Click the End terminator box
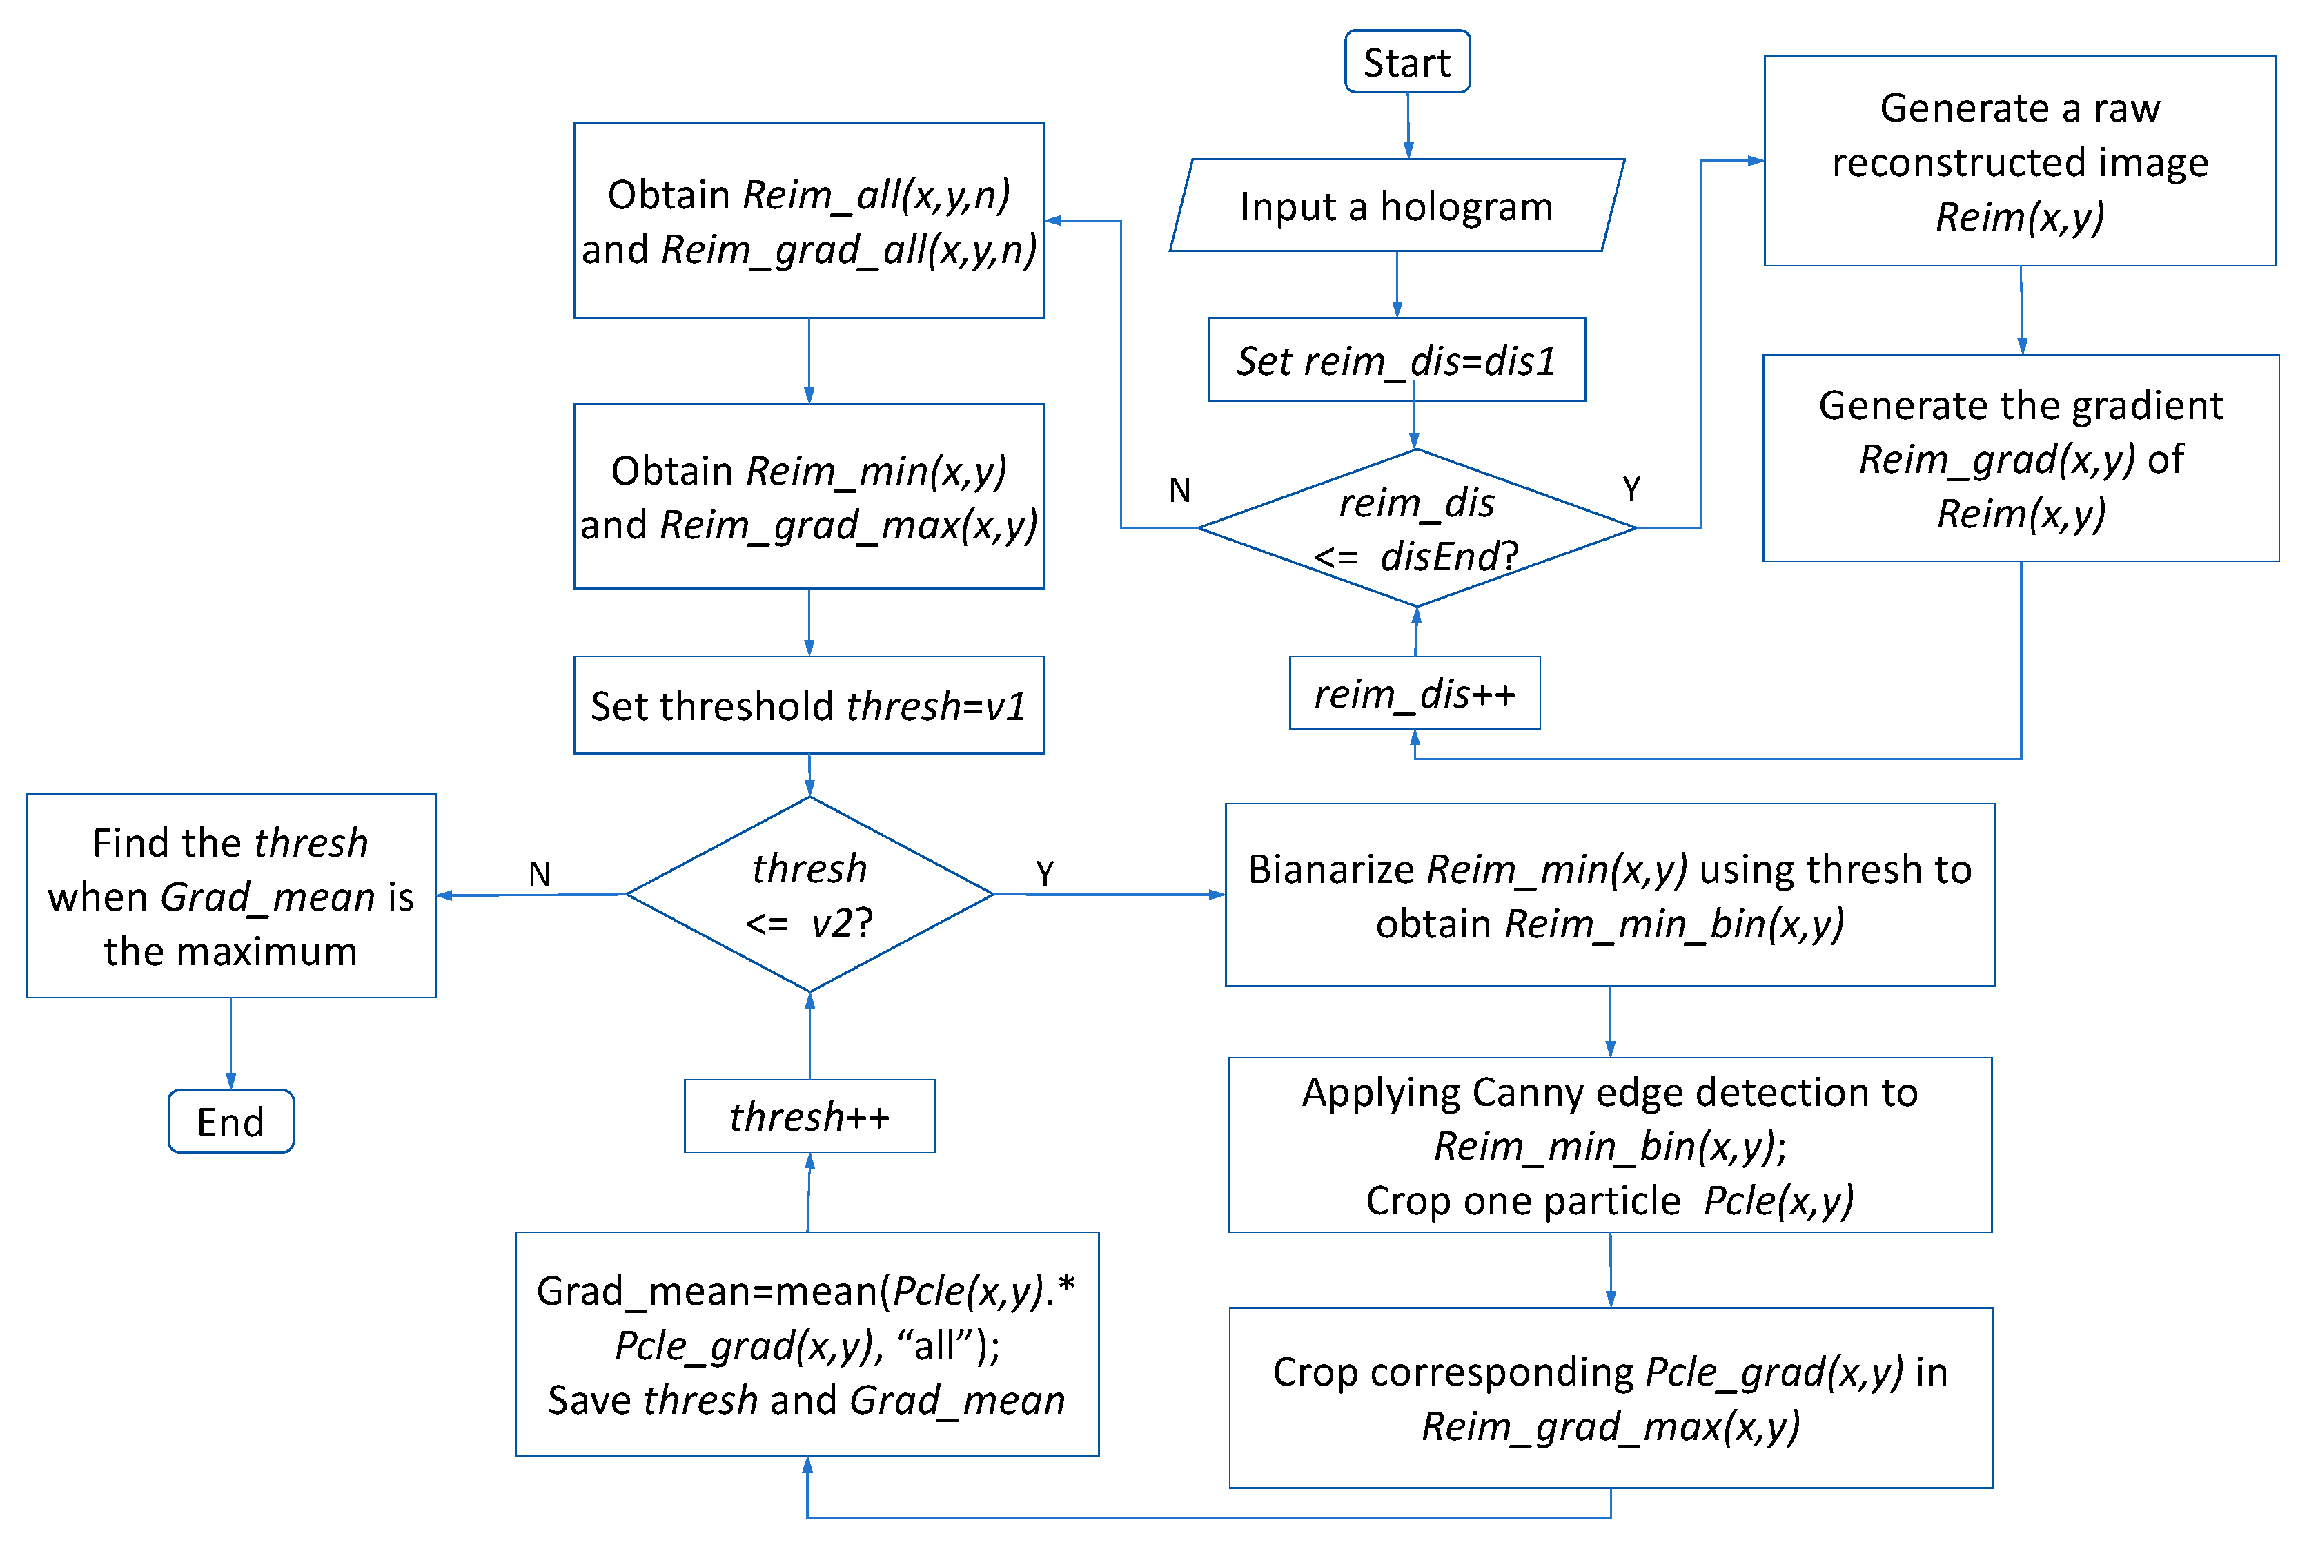point(230,1121)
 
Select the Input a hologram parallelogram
point(1396,206)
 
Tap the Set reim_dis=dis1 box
point(1396,360)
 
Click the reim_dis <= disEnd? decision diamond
point(1417,529)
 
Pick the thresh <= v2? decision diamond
point(809,895)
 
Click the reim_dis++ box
point(1415,694)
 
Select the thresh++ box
point(809,1116)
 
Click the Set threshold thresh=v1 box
point(809,706)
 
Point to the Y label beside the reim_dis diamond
point(1631,489)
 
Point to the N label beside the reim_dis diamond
point(1179,489)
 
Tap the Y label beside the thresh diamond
point(1044,873)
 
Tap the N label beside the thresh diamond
point(539,873)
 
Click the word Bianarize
point(1330,869)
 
